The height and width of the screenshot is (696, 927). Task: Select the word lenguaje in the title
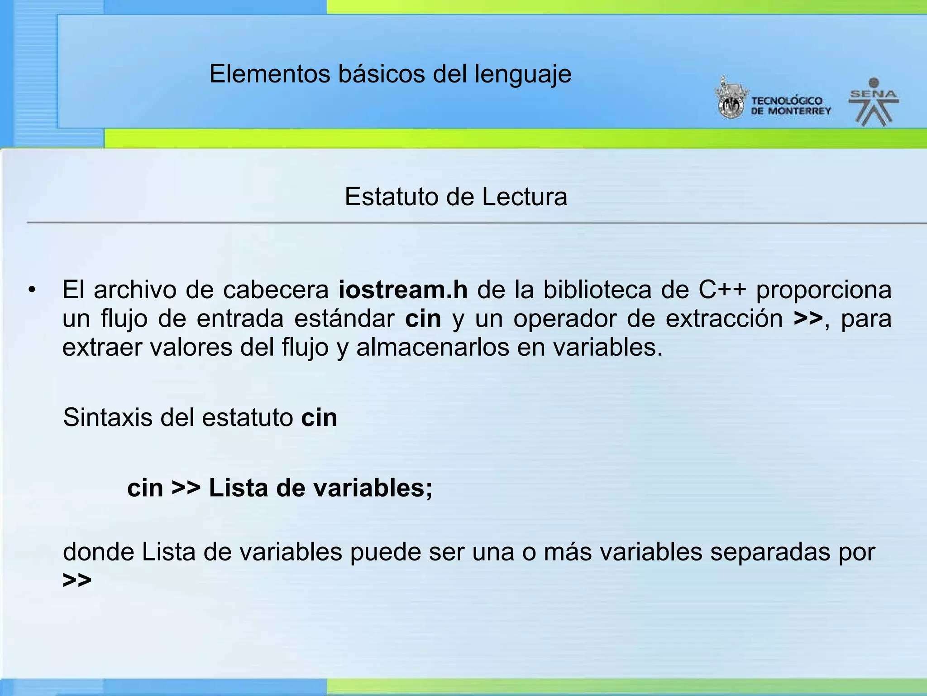click(x=523, y=75)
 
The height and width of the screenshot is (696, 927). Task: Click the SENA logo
click(x=874, y=102)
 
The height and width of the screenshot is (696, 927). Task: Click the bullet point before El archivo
click(x=31, y=290)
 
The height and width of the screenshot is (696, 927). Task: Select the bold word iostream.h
click(x=403, y=290)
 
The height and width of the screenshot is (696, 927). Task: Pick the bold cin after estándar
click(x=423, y=319)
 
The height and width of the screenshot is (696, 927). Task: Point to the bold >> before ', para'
click(x=808, y=319)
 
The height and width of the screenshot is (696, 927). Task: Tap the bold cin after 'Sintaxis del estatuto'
click(x=319, y=417)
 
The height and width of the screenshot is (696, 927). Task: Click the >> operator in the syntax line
click(x=186, y=488)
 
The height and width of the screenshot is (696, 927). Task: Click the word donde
click(x=98, y=552)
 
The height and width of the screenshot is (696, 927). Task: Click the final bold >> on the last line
click(x=77, y=580)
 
